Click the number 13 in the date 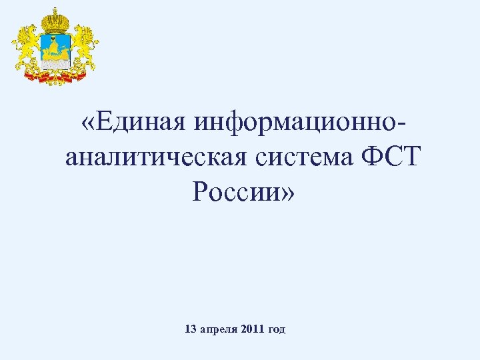[x=189, y=329]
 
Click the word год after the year [x=277, y=329]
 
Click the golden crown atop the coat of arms [x=55, y=19]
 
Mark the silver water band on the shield [x=55, y=61]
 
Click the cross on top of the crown [x=55, y=9]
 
